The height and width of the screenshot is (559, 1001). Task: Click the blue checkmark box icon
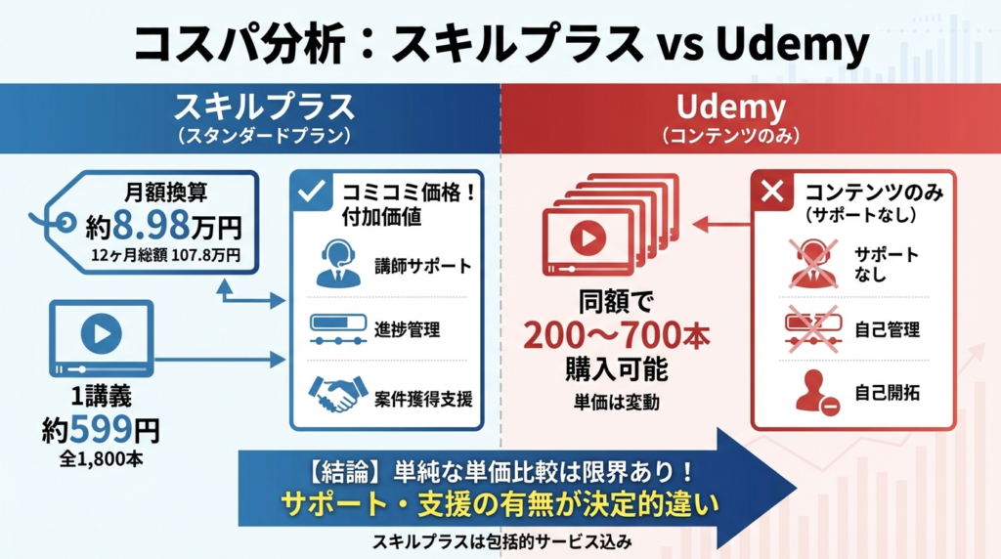coord(312,193)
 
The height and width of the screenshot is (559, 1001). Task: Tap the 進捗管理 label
coord(407,329)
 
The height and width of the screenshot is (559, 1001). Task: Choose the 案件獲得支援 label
coord(422,399)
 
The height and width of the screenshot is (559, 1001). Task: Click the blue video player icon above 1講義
coord(101,335)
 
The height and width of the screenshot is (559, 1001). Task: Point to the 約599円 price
coord(100,428)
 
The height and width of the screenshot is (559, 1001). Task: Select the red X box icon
coord(771,192)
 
